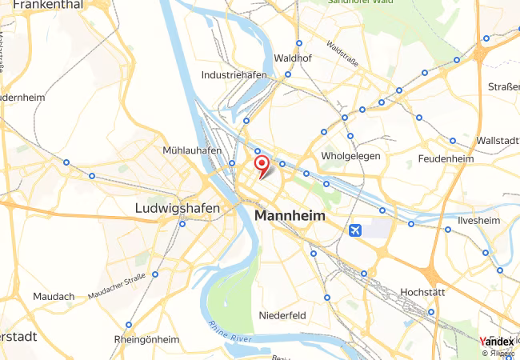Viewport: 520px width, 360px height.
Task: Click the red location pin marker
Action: (x=261, y=165)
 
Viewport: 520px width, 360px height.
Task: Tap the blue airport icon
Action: (x=355, y=231)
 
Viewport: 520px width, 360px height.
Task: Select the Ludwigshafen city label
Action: (x=174, y=208)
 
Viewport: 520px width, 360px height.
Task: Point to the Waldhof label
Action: (x=292, y=58)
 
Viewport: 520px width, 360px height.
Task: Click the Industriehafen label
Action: (x=234, y=74)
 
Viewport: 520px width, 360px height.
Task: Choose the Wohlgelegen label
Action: (x=350, y=155)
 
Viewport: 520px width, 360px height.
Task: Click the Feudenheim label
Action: (x=446, y=159)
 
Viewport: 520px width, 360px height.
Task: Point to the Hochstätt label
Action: (x=422, y=292)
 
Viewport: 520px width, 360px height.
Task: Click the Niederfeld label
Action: (x=282, y=315)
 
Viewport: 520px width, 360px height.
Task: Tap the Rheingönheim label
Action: (x=146, y=339)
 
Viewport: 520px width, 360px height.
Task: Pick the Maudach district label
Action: (x=54, y=296)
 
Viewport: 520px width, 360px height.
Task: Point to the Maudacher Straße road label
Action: (x=116, y=286)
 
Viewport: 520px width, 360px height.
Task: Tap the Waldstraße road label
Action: (x=342, y=53)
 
